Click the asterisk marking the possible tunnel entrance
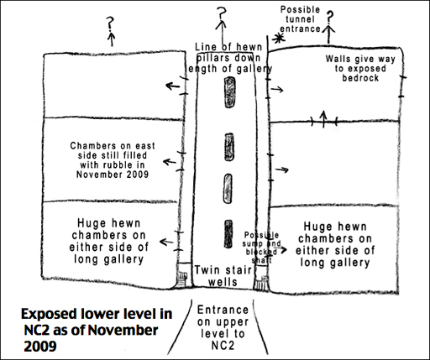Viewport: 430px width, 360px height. tap(278, 38)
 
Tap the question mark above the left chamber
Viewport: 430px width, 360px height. tap(111, 23)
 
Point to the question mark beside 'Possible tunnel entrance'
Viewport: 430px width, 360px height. tap(330, 18)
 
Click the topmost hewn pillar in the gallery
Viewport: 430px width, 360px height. tap(230, 92)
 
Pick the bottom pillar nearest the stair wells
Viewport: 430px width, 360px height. tap(228, 234)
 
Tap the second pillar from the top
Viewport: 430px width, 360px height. tap(229, 147)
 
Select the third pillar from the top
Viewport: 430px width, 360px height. tap(228, 189)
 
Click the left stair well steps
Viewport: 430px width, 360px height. tap(182, 279)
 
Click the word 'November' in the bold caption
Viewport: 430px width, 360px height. tap(123, 331)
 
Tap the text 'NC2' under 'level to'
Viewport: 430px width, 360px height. tap(223, 346)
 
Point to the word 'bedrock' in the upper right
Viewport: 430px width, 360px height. tap(360, 78)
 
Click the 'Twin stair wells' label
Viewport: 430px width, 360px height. tap(223, 276)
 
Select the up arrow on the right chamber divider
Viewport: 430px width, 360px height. tap(323, 119)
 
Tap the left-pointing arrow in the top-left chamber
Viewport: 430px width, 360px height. tap(173, 86)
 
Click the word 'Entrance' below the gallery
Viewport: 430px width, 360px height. tap(223, 310)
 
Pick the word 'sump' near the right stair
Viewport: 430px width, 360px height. tap(252, 243)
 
